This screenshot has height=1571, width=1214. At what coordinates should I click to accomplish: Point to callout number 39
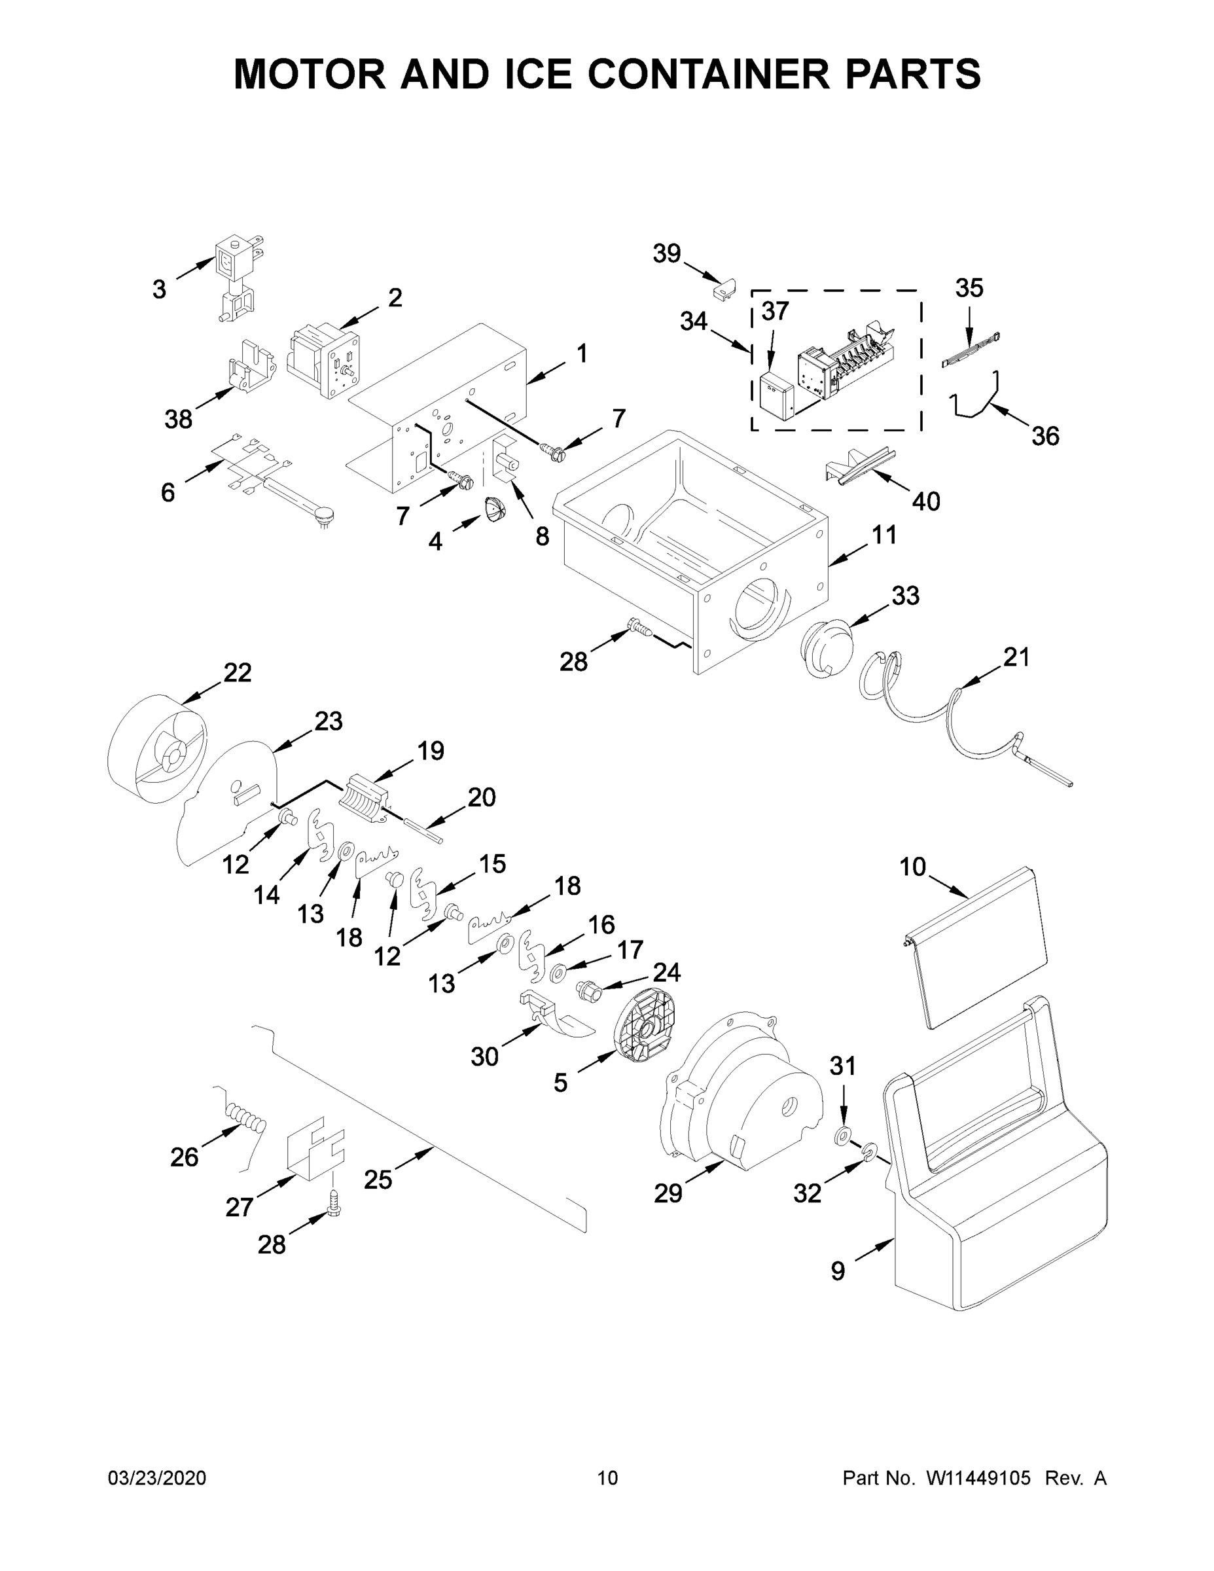point(667,253)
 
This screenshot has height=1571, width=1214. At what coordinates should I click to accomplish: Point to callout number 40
point(925,501)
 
